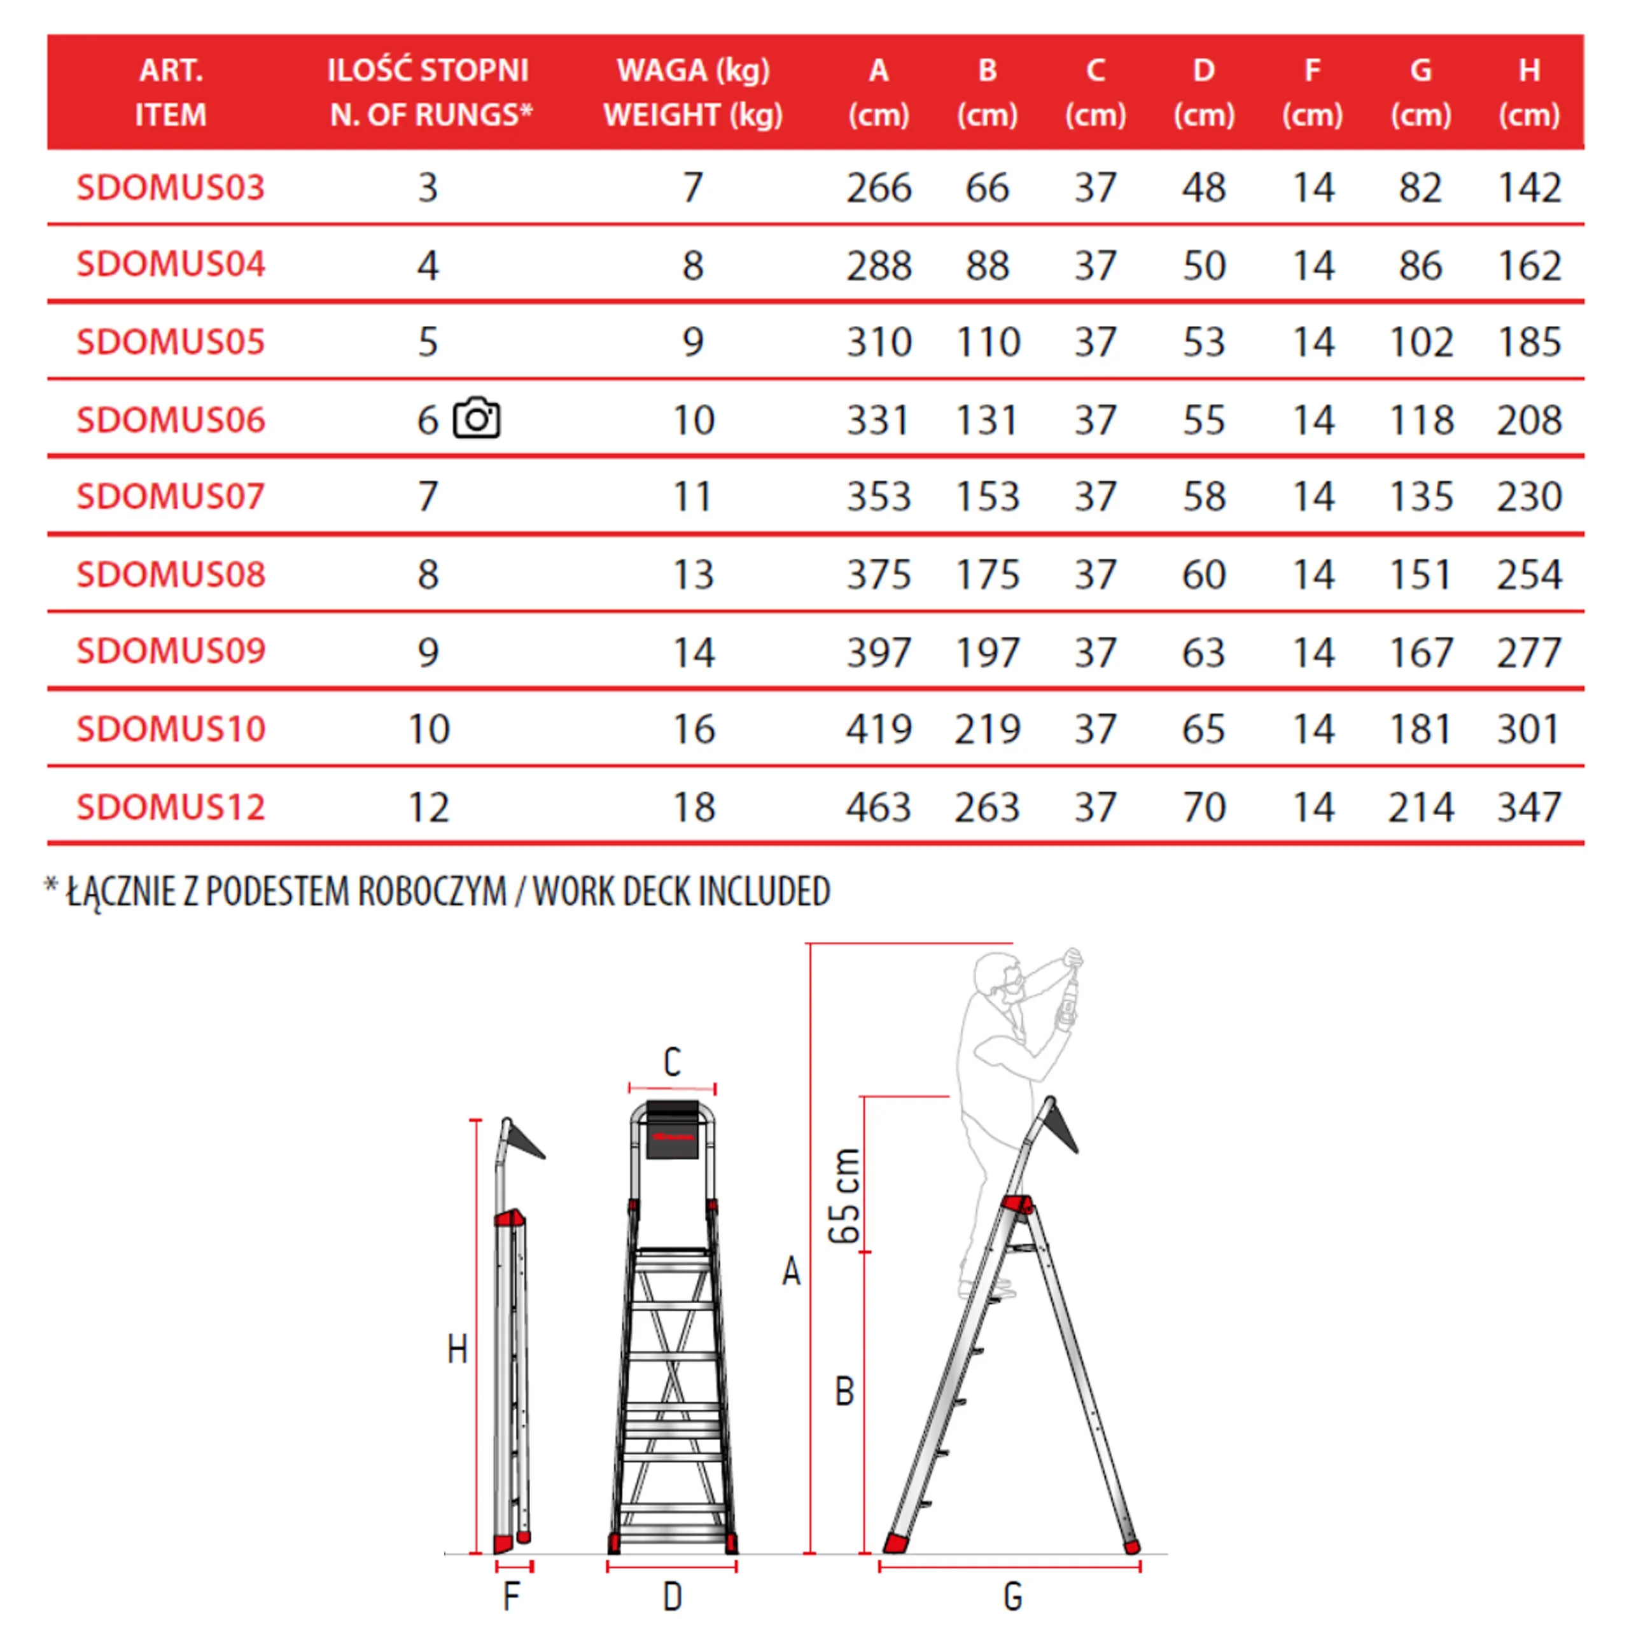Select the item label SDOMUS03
coord(171,187)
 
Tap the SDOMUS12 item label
coord(171,807)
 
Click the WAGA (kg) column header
coord(693,71)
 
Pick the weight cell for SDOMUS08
coord(693,574)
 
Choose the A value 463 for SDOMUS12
coord(879,807)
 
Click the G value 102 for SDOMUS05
coord(1421,342)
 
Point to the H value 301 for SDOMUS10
coord(1528,729)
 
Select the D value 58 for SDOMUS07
coord(1203,496)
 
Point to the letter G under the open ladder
coord(1012,1596)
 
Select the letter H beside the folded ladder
coord(457,1350)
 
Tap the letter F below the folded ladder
coord(511,1596)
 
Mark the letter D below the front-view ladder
coord(672,1596)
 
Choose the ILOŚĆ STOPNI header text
coord(428,71)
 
